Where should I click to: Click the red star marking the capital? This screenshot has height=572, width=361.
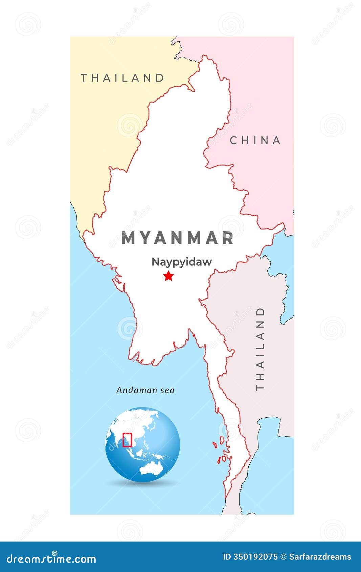click(x=168, y=276)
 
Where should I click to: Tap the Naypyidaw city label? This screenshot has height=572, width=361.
click(x=181, y=262)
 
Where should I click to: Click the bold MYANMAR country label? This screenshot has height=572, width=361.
click(x=178, y=238)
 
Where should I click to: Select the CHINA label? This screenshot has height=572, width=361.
click(x=255, y=140)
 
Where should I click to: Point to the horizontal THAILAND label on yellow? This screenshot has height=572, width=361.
click(x=122, y=78)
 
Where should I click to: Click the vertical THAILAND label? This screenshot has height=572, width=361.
click(x=260, y=349)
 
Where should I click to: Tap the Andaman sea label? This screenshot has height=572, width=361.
click(x=145, y=390)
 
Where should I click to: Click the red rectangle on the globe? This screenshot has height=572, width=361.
click(x=127, y=440)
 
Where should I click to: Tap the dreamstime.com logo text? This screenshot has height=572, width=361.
click(x=52, y=559)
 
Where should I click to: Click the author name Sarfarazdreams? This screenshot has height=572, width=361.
click(x=320, y=557)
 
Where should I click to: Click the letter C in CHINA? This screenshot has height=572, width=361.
click(x=233, y=140)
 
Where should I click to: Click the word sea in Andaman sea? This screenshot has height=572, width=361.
click(x=167, y=390)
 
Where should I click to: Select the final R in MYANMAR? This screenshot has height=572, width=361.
click(x=228, y=238)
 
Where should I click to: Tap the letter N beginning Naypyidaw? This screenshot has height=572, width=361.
click(x=155, y=262)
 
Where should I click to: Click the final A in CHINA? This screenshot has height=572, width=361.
click(x=277, y=140)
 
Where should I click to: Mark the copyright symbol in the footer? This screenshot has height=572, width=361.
click(x=284, y=557)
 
